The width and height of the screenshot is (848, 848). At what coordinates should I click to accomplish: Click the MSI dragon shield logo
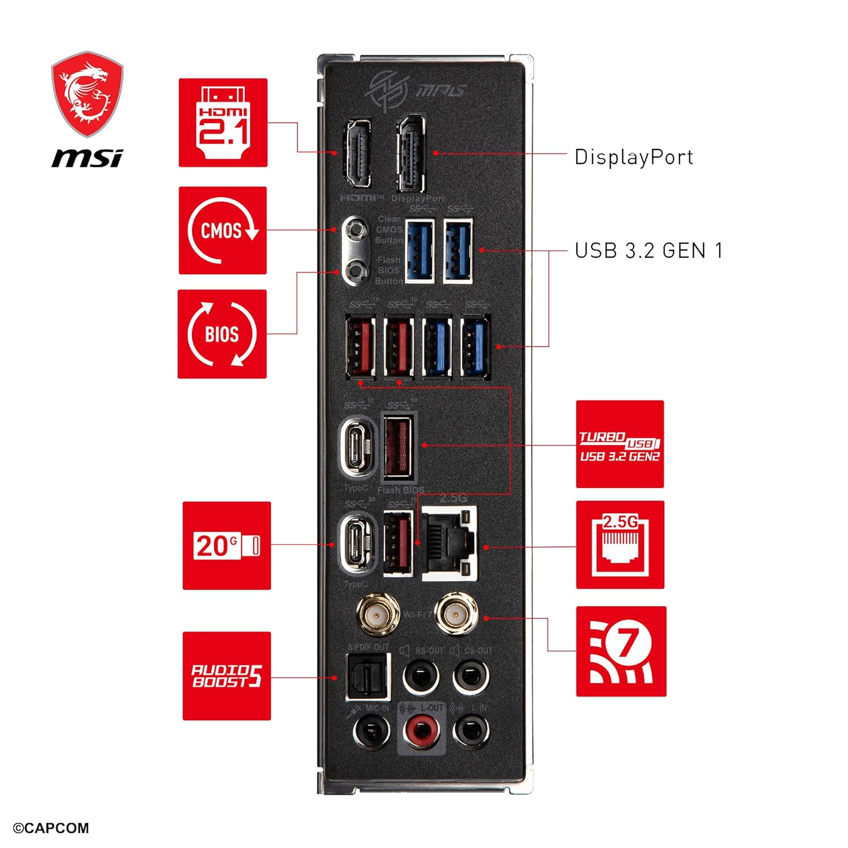click(x=87, y=95)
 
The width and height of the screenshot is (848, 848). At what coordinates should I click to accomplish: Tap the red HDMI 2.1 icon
click(x=223, y=123)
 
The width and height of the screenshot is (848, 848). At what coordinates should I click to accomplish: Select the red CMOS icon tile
click(x=223, y=231)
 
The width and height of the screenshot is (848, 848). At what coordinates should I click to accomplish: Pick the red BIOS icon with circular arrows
click(x=222, y=334)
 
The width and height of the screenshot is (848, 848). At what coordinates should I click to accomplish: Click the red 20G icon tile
click(x=227, y=546)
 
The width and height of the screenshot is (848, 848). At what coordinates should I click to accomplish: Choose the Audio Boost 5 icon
click(x=227, y=676)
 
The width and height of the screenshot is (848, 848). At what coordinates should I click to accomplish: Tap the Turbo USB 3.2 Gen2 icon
click(x=620, y=444)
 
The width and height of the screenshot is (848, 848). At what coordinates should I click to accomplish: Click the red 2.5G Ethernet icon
click(x=620, y=545)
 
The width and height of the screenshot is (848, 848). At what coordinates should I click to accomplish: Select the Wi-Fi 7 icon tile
click(x=621, y=651)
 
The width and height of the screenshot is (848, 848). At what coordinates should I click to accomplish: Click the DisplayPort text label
click(x=634, y=157)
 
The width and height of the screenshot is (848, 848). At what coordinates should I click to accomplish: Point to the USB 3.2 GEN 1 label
click(x=648, y=250)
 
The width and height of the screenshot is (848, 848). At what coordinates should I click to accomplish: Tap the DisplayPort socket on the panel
click(x=412, y=153)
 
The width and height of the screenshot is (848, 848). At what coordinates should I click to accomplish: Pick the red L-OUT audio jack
click(x=421, y=730)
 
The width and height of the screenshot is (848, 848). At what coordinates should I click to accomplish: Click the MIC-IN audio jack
click(x=371, y=730)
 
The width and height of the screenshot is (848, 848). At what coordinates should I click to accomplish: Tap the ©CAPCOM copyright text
click(x=51, y=828)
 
